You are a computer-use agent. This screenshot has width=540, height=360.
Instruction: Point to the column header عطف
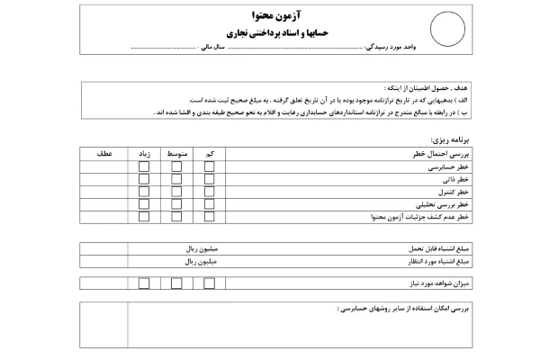pyautogui.click(x=103, y=155)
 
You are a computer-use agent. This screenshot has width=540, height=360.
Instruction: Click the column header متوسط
pyautogui.click(x=176, y=155)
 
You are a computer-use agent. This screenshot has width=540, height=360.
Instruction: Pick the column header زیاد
pyautogui.click(x=144, y=155)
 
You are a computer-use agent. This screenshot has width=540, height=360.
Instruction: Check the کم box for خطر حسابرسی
pyautogui.click(x=209, y=167)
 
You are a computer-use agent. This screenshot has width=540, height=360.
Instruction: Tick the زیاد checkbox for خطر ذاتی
pyautogui.click(x=144, y=180)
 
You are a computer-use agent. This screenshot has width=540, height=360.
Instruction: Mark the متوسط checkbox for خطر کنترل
pyautogui.click(x=176, y=193)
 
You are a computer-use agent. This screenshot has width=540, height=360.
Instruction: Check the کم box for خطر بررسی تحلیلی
pyautogui.click(x=209, y=205)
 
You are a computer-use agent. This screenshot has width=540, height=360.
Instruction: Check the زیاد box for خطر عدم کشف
pyautogui.click(x=144, y=218)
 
